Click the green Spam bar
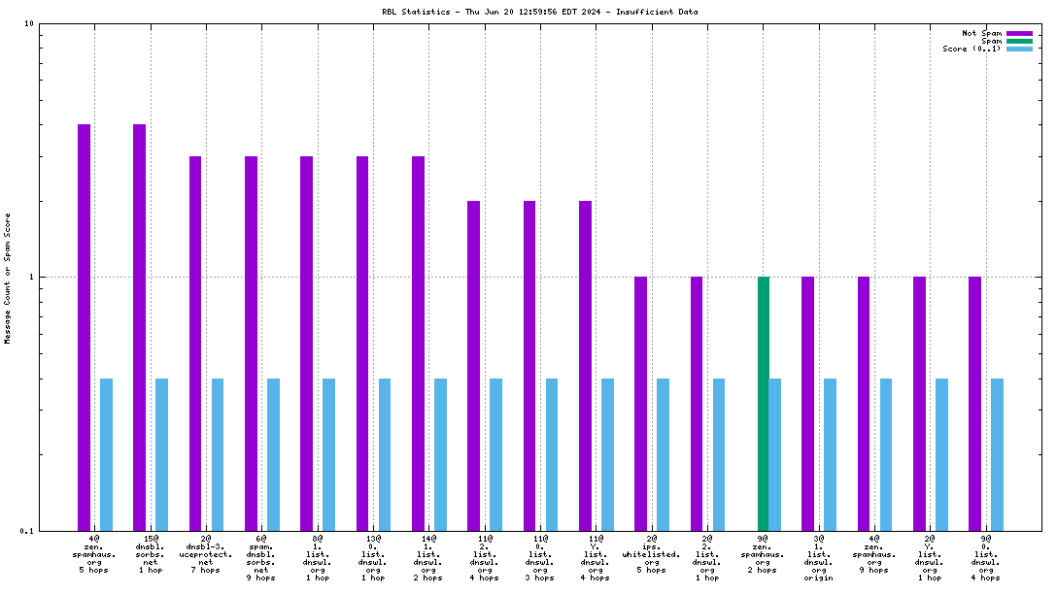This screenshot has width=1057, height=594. (764, 403)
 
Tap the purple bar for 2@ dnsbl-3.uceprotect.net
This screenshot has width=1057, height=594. (195, 343)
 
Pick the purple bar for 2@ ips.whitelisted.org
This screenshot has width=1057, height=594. (640, 403)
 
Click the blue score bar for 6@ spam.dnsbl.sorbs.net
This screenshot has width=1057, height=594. (273, 454)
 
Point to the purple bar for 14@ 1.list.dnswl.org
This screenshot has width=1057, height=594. (418, 343)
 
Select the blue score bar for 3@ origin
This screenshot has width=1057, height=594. (830, 454)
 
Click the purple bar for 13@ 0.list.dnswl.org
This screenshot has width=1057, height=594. (362, 343)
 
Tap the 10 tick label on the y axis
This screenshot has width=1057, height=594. (29, 23)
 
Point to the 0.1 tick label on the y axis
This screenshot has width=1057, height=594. (27, 531)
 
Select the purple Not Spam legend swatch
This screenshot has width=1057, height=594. (1019, 33)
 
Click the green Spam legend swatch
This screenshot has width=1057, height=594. (1019, 41)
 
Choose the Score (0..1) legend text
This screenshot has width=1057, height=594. (972, 49)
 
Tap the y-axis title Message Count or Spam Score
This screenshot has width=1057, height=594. (8, 278)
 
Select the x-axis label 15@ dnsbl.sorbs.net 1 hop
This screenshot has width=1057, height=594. (151, 553)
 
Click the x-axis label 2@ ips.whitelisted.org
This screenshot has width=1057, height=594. (652, 553)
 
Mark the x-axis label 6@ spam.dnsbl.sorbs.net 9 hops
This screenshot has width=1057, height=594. (261, 557)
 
